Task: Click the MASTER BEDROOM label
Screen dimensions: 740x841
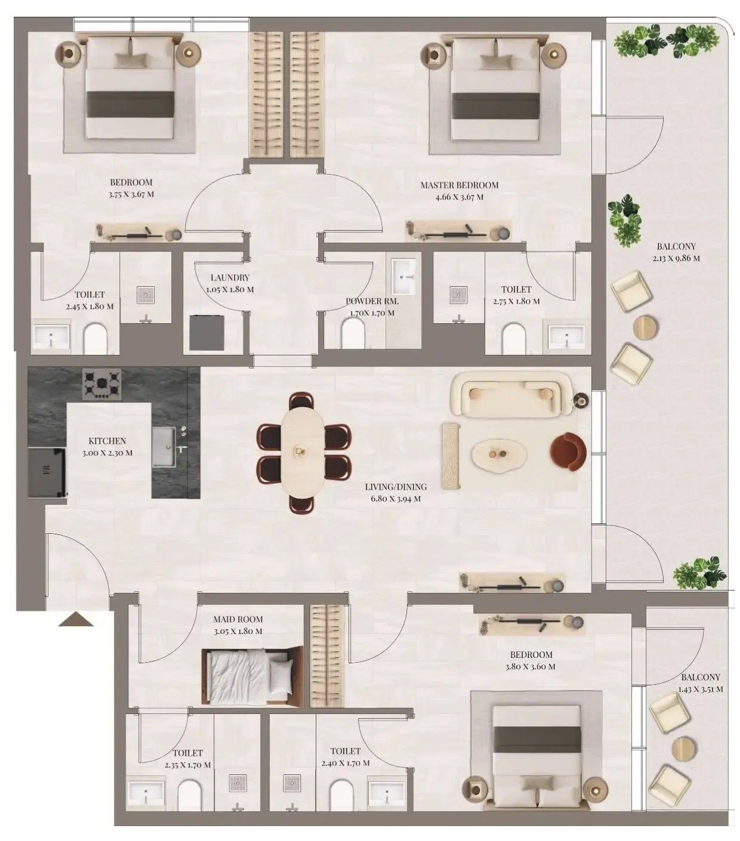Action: pyautogui.click(x=460, y=185)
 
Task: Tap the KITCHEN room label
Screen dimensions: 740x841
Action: pyautogui.click(x=107, y=441)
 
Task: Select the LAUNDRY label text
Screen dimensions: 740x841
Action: pyautogui.click(x=230, y=278)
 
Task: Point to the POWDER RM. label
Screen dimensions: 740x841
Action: pyautogui.click(x=372, y=301)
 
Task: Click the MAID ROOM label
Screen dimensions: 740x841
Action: pyautogui.click(x=238, y=619)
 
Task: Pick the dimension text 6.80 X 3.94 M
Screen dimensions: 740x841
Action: pyautogui.click(x=396, y=499)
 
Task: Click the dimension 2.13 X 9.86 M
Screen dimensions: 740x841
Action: pyautogui.click(x=676, y=258)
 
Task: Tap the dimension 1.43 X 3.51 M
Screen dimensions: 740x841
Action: pyautogui.click(x=701, y=689)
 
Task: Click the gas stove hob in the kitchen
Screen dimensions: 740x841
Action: pyautogui.click(x=101, y=384)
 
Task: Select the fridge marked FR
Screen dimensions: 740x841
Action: pyautogui.click(x=47, y=472)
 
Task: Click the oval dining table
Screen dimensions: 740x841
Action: pyautogui.click(x=303, y=453)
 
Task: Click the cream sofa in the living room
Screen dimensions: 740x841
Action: pyautogui.click(x=513, y=394)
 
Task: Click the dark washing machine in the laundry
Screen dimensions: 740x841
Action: pyautogui.click(x=207, y=333)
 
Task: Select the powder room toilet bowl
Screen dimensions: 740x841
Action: pyautogui.click(x=353, y=335)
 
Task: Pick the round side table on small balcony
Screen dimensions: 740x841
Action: pyautogui.click(x=684, y=749)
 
